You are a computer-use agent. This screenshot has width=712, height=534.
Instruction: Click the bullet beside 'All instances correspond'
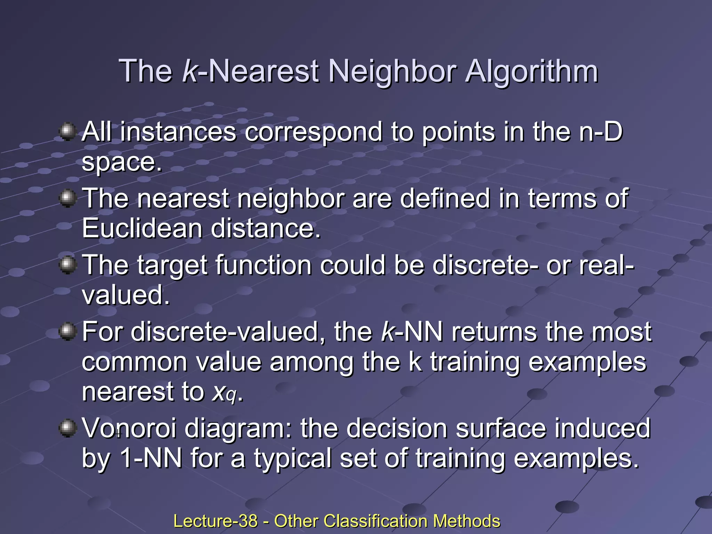point(68,131)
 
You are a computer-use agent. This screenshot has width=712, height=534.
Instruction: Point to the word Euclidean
point(142,228)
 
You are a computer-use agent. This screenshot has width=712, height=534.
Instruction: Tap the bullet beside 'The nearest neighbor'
point(68,199)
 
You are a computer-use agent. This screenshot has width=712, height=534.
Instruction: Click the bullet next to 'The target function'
point(68,265)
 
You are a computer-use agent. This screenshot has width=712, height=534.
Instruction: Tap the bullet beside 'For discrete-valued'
point(68,331)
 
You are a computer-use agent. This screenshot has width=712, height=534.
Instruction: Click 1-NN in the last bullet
point(151,458)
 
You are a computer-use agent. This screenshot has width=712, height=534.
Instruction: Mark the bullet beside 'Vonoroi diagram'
point(68,428)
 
